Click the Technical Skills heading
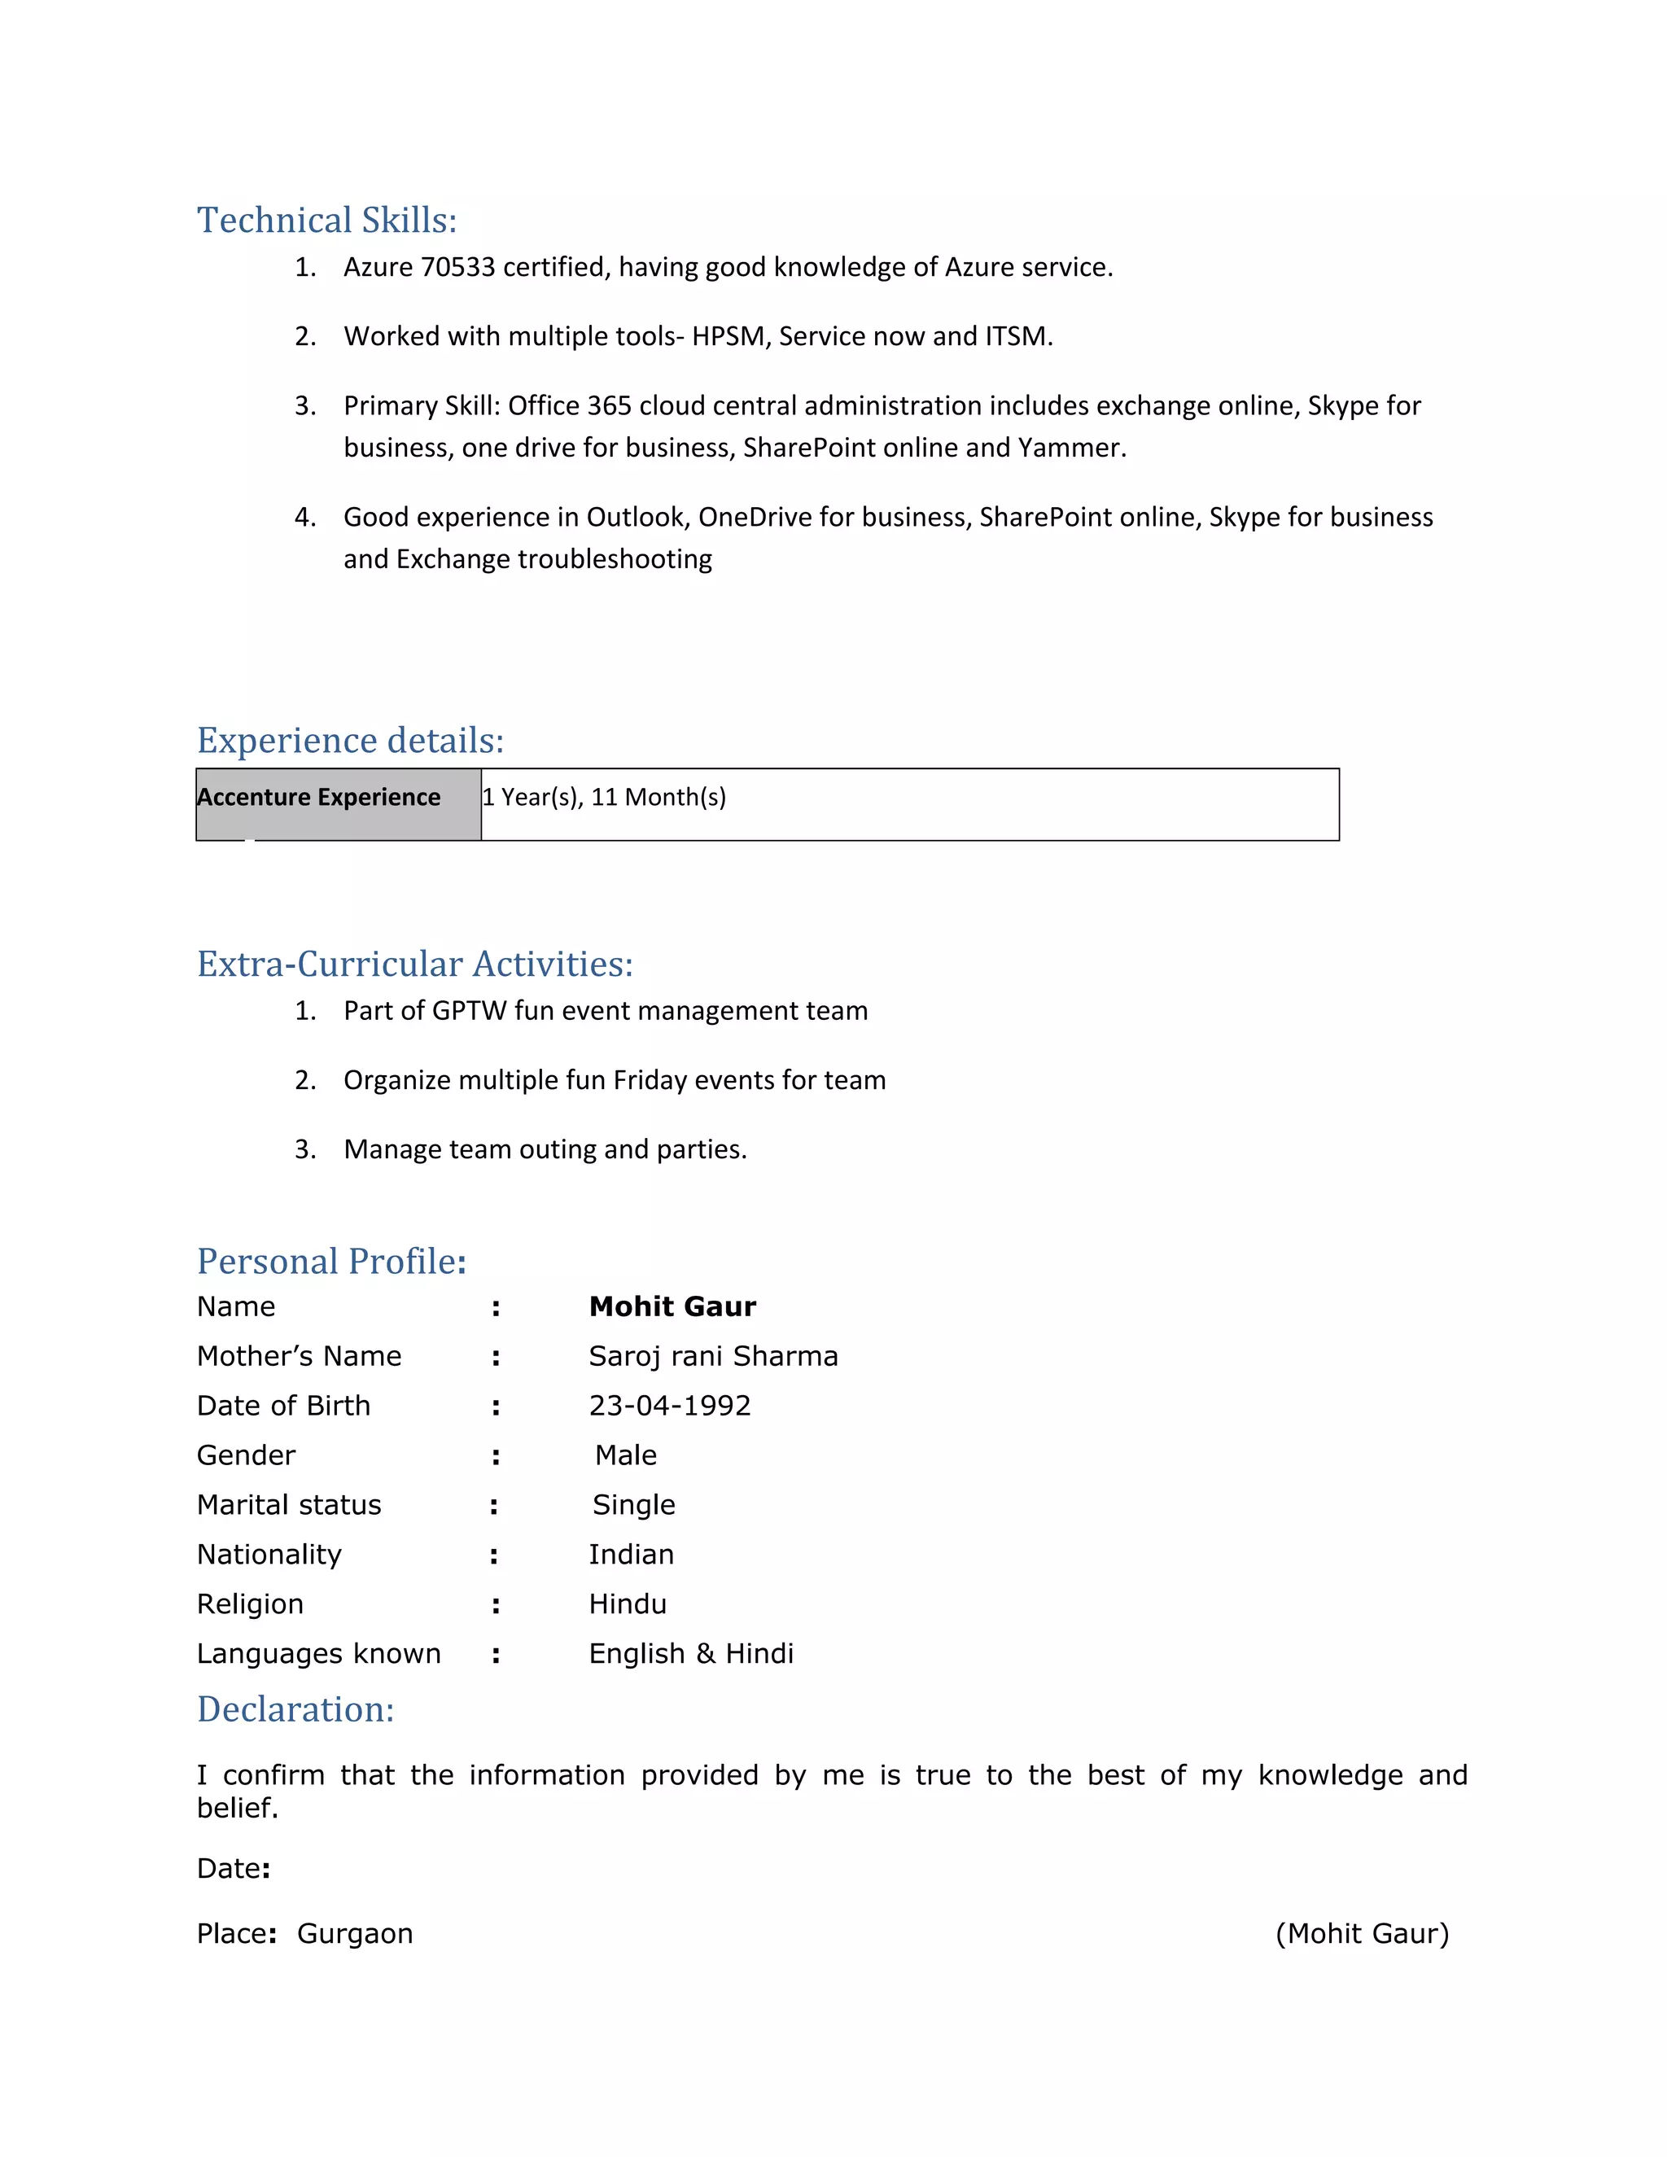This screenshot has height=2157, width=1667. coord(327,221)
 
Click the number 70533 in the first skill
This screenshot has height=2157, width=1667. coord(458,268)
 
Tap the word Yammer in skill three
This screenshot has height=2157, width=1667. coord(1070,448)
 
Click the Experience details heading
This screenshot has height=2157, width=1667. coord(351,741)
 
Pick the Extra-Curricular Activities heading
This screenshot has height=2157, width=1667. coord(415,964)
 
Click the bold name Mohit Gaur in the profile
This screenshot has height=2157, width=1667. coord(672,1306)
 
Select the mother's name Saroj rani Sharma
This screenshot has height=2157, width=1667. coord(713,1356)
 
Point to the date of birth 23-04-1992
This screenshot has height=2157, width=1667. coord(670,1406)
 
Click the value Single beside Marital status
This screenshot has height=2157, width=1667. coord(634,1505)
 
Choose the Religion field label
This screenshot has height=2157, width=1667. coord(250,1604)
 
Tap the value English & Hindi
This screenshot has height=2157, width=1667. coord(691,1653)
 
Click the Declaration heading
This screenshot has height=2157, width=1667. coord(295,1709)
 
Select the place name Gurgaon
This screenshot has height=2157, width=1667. coord(355,1934)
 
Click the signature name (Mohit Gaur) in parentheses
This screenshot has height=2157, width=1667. coord(1362,1934)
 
